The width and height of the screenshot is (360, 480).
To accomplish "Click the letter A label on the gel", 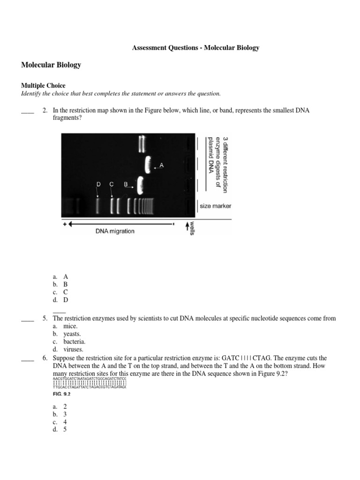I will pyautogui.click(x=162, y=165).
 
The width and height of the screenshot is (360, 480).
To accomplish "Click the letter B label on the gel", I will pyautogui.click(x=126, y=185).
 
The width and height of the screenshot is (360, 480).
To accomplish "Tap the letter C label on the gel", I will pyautogui.click(x=112, y=185).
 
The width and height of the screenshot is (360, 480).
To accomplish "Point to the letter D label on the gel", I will pyautogui.click(x=98, y=185).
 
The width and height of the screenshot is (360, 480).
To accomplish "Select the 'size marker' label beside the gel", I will pyautogui.click(x=215, y=206).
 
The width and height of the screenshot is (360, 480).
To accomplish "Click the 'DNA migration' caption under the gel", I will pyautogui.click(x=115, y=231).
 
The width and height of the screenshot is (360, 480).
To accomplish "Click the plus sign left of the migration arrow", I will pyautogui.click(x=65, y=224).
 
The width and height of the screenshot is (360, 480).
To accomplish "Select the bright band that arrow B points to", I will pyautogui.click(x=140, y=186).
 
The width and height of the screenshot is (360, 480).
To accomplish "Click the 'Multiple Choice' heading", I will pyautogui.click(x=43, y=86).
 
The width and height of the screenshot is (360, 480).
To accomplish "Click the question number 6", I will pyautogui.click(x=45, y=358).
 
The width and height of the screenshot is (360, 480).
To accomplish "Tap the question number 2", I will pyautogui.click(x=45, y=111).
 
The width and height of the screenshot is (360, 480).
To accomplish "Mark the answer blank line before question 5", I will pyautogui.click(x=28, y=320).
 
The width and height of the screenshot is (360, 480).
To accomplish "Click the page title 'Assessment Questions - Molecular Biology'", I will pyautogui.click(x=195, y=48).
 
